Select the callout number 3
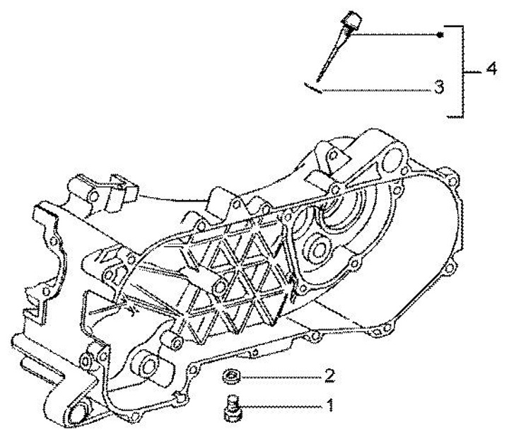tap(439, 88)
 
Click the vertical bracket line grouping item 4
tap(463, 71)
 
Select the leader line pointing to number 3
tap(375, 89)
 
